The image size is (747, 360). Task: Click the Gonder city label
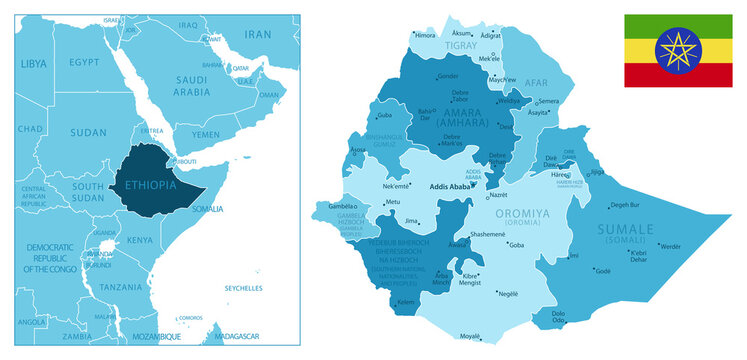pos(448,76)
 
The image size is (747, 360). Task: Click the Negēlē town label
pos(508,293)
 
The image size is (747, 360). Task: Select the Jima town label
pos(411,220)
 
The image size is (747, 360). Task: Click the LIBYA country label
pos(34,64)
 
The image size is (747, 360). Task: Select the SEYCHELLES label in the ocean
pos(243,289)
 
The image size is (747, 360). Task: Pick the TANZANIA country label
pos(120,286)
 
